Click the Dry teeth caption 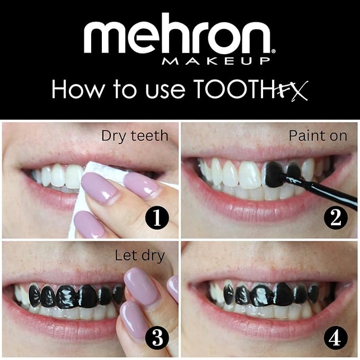pyautogui.click(x=135, y=136)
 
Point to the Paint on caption pyautogui.click(x=318, y=136)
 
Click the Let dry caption pyautogui.click(x=140, y=256)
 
